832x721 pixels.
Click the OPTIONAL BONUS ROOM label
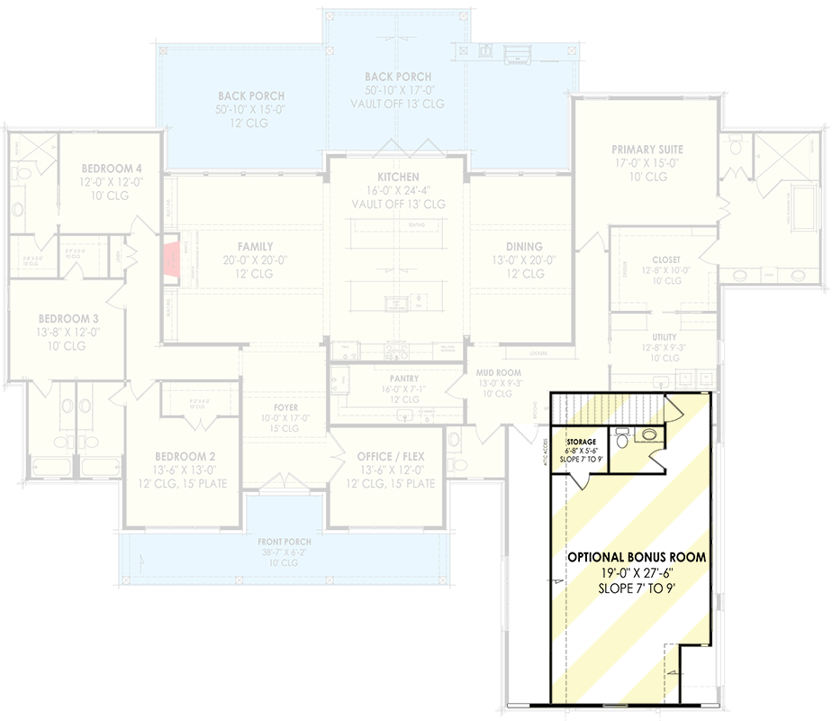pos(636,558)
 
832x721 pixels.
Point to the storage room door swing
pos(577,478)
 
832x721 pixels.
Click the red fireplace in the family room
pos(171,262)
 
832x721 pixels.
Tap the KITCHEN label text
pos(398,178)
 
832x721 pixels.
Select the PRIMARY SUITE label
pos(647,150)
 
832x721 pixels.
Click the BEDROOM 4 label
pos(112,169)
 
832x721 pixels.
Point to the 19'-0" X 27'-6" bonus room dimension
pos(636,573)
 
